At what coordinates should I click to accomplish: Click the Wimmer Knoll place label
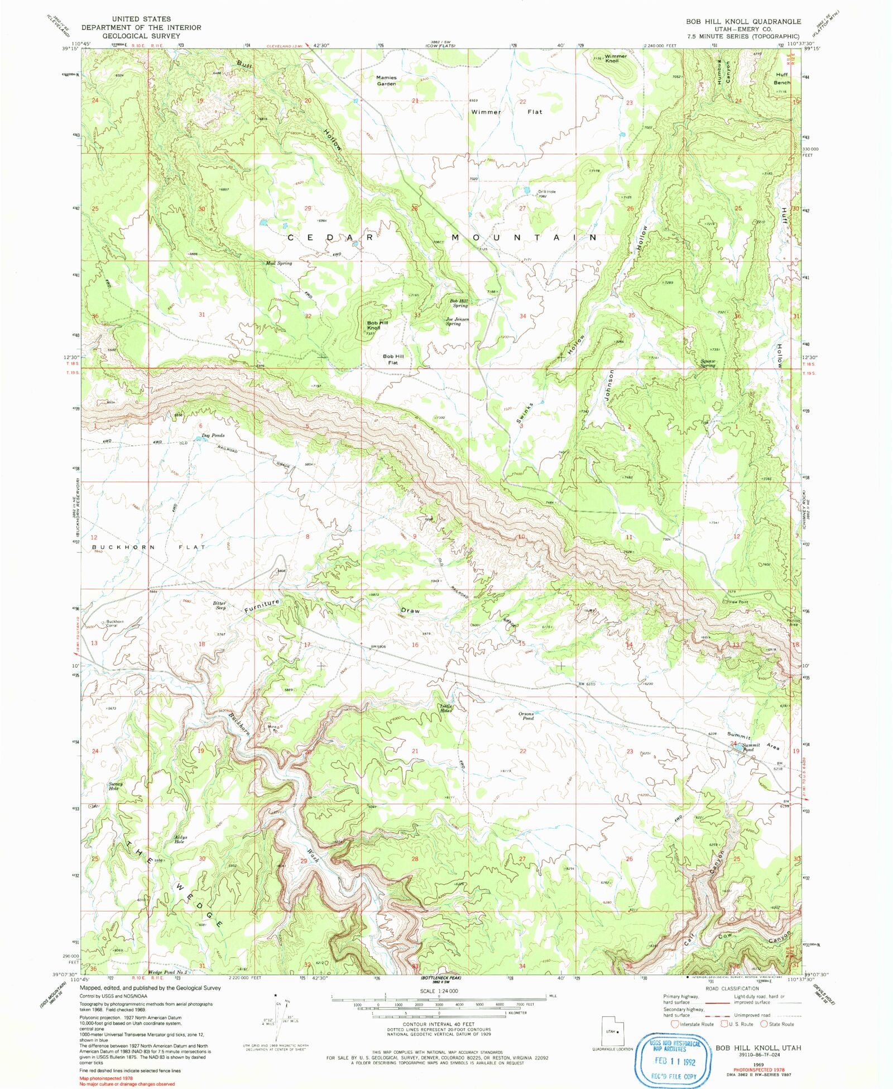coord(616,58)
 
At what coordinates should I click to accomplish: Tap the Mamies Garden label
coord(386,80)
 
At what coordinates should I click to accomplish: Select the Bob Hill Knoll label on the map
coord(377,325)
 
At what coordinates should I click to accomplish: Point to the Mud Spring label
coord(279,263)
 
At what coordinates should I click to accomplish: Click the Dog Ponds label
coord(213,435)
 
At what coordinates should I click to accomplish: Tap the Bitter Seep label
coord(219,605)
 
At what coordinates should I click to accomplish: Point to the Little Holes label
coord(445,708)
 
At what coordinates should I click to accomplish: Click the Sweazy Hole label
coord(116,786)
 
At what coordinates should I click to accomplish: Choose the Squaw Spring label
coord(708,363)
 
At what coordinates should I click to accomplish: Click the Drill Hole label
coord(546,193)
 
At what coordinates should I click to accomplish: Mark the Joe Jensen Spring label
coord(457,321)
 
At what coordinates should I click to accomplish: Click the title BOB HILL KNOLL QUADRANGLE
coord(743,21)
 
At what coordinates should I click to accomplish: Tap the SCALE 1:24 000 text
coord(438,991)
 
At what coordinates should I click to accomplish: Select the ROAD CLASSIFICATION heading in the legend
coord(731,988)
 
